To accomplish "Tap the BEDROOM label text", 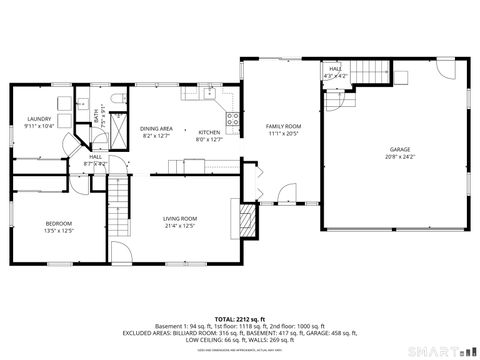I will [59, 223].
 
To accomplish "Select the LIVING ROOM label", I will [180, 218].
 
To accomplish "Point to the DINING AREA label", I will [156, 128].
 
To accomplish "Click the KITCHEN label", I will [209, 132].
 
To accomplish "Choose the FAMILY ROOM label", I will [283, 126].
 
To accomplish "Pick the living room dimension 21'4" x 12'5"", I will [180, 226].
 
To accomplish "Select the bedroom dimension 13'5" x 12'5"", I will [59, 231].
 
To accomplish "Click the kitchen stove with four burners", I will [233, 121].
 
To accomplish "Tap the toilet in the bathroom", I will [116, 98].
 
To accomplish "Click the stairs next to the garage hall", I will [372, 72].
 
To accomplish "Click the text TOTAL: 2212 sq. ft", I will [239, 319].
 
